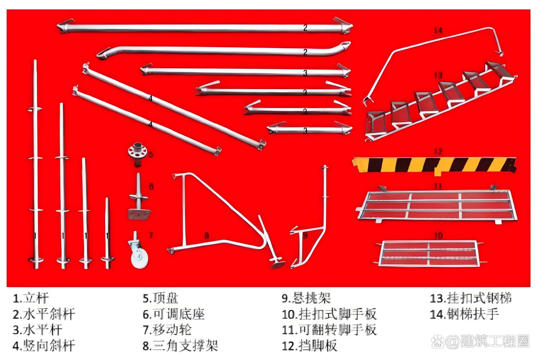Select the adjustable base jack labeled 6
pyautogui.click(x=139, y=200)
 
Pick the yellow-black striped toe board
pyautogui.click(x=435, y=164)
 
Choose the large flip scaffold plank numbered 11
pyautogui.click(x=437, y=204)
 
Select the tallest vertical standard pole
pyautogui.click(x=36, y=165)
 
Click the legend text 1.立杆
pyautogui.click(x=30, y=299)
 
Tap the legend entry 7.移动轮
pyautogui.click(x=167, y=330)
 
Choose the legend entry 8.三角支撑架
pyautogui.click(x=180, y=346)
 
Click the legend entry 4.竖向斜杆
pyautogui.click(x=43, y=346)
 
